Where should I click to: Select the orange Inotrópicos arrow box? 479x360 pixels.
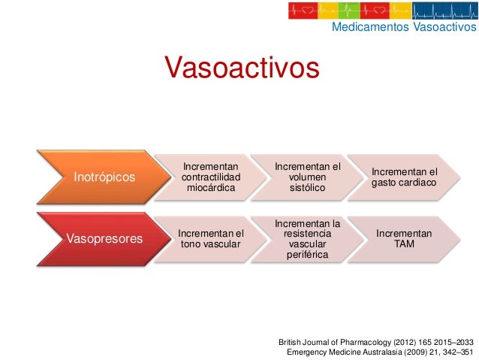tap(104, 177)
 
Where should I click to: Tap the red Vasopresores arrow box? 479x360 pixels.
tap(104, 238)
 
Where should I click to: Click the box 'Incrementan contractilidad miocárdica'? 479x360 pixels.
tap(210, 177)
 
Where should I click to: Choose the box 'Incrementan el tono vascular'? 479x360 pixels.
tap(210, 238)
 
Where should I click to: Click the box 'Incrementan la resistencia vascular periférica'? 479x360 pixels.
tap(307, 238)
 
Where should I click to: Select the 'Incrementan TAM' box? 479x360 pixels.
tap(403, 238)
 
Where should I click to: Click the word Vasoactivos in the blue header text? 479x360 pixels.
tap(444, 28)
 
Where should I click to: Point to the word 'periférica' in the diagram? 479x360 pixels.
tap(307, 255)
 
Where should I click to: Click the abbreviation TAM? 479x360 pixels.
tap(403, 244)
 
